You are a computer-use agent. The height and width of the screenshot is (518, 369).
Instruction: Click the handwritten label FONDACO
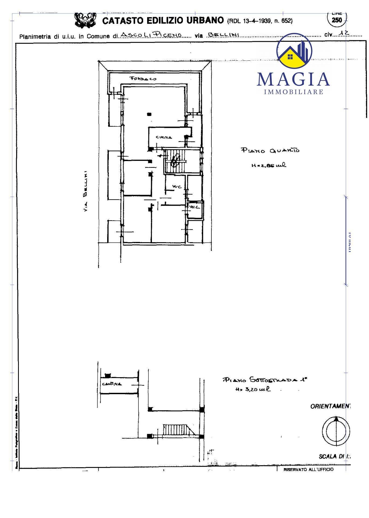click(x=143, y=79)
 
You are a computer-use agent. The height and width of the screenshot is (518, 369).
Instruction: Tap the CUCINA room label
click(x=164, y=137)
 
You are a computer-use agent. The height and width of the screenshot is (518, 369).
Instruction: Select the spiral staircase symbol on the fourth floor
click(x=175, y=160)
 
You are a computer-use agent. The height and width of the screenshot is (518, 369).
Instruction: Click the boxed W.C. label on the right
click(x=194, y=207)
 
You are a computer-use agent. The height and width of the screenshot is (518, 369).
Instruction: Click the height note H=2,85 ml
click(x=269, y=165)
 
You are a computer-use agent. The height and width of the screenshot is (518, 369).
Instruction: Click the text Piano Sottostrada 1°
click(x=265, y=380)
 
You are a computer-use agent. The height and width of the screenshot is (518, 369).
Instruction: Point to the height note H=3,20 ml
click(x=253, y=389)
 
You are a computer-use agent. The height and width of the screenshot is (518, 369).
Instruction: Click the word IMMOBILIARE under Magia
click(x=294, y=92)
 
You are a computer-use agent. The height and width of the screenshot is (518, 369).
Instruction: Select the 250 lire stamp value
click(x=337, y=20)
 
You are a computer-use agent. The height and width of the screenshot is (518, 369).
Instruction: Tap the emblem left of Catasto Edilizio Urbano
click(x=85, y=20)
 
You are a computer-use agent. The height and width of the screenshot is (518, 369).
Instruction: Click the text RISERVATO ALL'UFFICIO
click(x=308, y=469)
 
